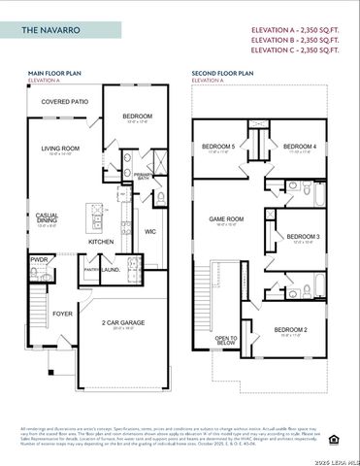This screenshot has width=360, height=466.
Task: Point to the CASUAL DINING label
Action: click(x=47, y=217)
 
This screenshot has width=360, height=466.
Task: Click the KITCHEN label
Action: click(x=102, y=241)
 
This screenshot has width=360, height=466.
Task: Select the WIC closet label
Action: click(x=150, y=232)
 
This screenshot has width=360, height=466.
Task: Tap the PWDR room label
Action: click(x=40, y=260)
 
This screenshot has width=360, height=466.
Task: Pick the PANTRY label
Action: click(x=92, y=271)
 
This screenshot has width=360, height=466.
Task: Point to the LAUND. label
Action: click(x=111, y=271)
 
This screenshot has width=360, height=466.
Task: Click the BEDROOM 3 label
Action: click(x=303, y=237)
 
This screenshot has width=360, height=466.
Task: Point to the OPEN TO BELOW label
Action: click(x=226, y=340)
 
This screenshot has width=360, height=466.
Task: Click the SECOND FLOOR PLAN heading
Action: click(x=223, y=73)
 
